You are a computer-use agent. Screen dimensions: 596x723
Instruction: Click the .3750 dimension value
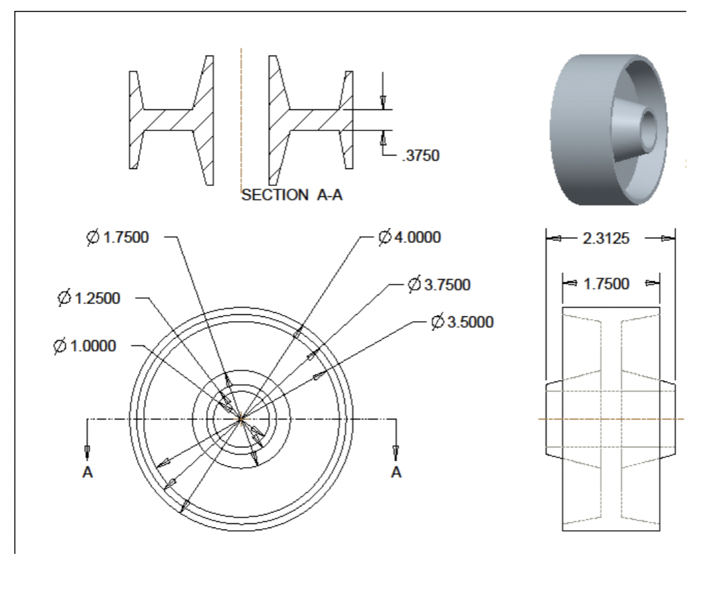click(x=421, y=156)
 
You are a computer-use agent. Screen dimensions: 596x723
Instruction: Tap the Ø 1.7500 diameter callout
click(x=118, y=238)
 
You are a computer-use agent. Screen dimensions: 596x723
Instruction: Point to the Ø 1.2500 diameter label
click(x=90, y=298)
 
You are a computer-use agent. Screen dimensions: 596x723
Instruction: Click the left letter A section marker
click(x=87, y=473)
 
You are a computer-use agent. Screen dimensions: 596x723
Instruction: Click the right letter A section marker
click(x=396, y=473)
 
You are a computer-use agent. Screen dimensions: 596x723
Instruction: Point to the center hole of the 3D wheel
click(x=649, y=127)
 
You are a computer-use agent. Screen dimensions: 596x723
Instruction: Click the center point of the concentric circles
click(x=241, y=420)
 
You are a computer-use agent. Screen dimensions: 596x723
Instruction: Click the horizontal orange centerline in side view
click(x=610, y=419)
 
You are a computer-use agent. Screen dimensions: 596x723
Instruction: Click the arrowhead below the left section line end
click(x=87, y=452)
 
